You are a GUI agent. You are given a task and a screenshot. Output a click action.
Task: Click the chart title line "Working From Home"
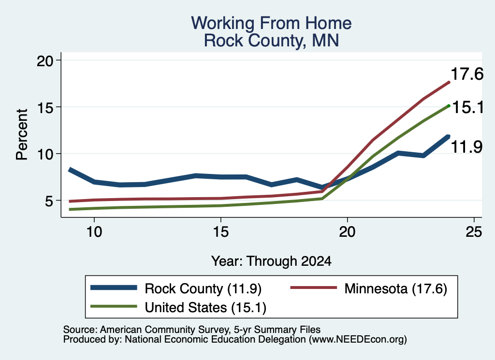click(x=271, y=23)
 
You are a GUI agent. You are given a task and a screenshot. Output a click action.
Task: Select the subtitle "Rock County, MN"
click(x=271, y=41)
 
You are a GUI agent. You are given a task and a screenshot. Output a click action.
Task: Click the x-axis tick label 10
click(x=94, y=232)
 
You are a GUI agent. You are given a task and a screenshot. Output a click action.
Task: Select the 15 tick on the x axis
click(x=220, y=232)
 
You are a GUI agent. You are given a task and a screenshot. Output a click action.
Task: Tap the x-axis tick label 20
click(x=347, y=232)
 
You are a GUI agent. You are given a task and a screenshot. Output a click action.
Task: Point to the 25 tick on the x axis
click(x=474, y=232)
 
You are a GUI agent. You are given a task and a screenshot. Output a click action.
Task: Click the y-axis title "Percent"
click(x=22, y=134)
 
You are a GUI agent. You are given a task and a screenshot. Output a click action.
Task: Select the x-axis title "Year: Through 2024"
click(x=271, y=261)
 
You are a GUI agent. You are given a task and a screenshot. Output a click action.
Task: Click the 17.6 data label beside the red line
click(x=467, y=74)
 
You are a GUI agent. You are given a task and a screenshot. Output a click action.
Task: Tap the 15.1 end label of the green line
click(x=468, y=108)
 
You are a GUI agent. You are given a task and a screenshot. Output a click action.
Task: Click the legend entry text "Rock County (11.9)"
click(x=203, y=288)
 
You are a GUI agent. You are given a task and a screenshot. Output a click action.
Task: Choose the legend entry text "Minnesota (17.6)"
click(x=395, y=288)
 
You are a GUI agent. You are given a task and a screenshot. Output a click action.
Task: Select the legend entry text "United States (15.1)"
click(x=205, y=307)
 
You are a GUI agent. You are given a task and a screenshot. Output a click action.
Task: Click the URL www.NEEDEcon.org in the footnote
click(x=358, y=339)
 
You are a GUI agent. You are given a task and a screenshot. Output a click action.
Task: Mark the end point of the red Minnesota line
click(x=449, y=82)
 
